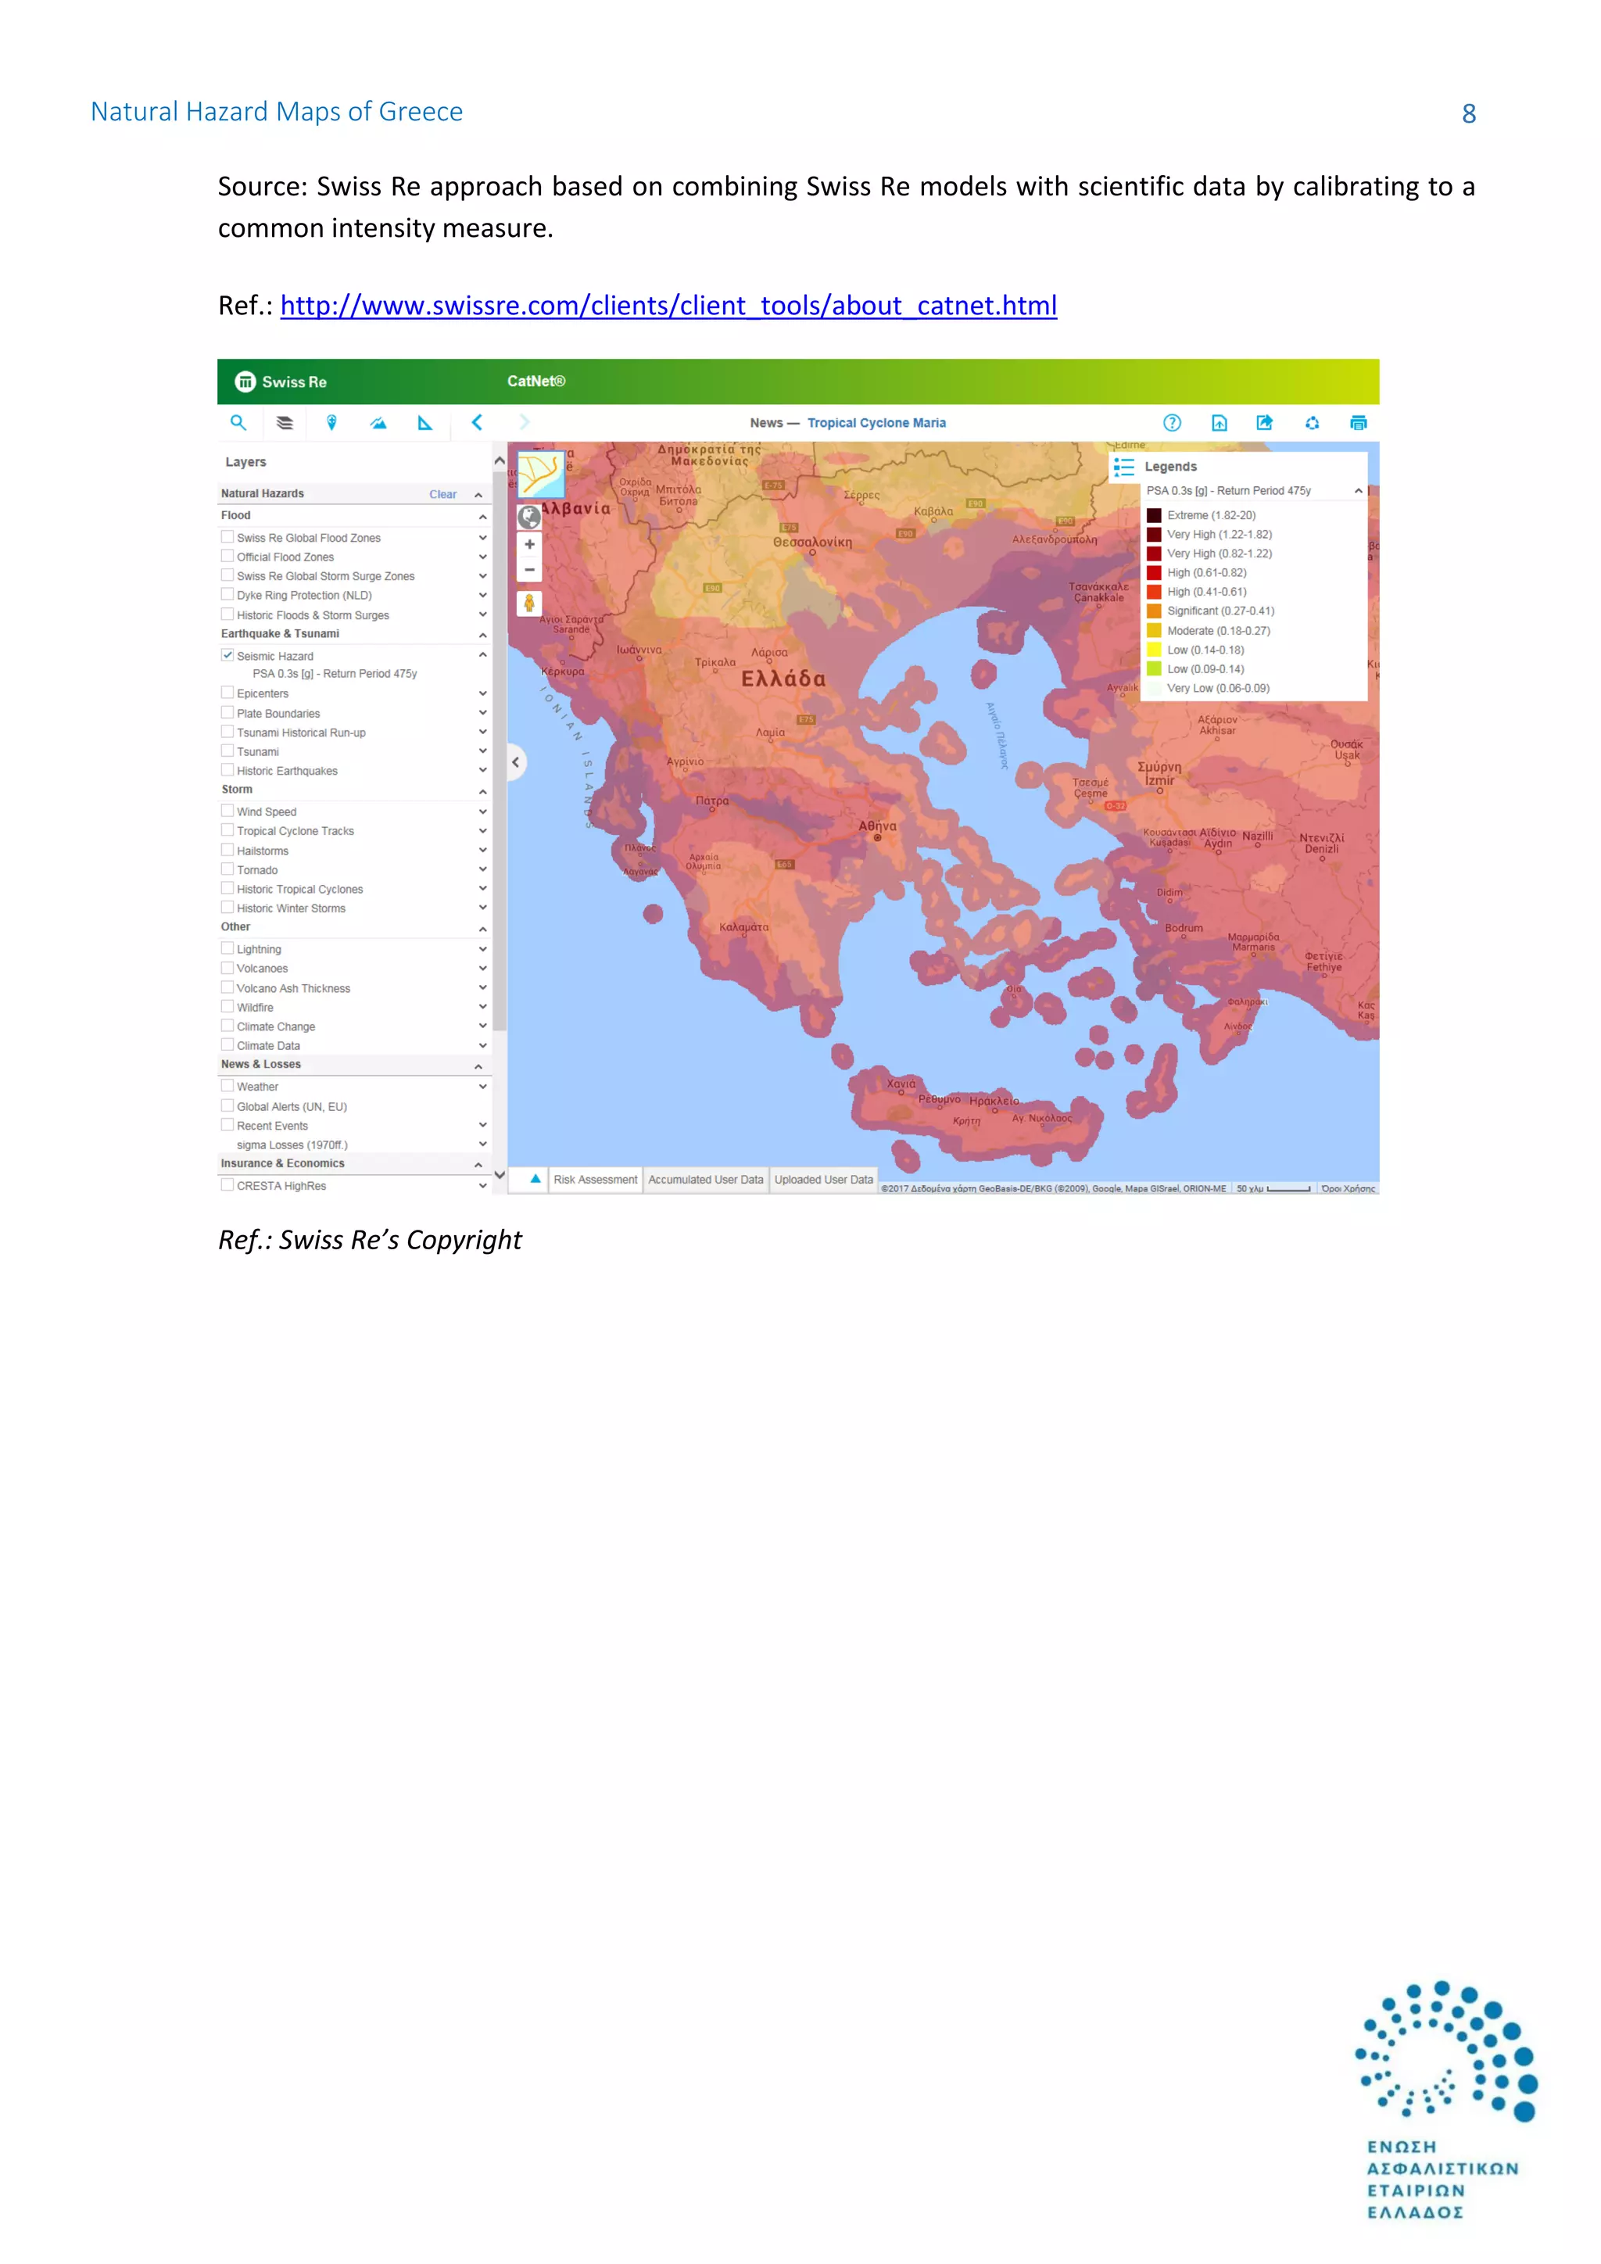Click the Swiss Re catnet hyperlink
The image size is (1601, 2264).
[668, 306]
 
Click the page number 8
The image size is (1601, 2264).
[1468, 114]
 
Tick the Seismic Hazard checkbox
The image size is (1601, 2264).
[227, 655]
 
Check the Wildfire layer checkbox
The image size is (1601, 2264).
[227, 1007]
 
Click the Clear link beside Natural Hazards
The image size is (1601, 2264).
[442, 494]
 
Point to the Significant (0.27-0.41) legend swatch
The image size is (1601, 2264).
[1153, 611]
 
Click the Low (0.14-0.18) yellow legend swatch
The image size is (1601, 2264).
[1153, 650]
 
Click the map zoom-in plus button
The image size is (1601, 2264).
[529, 544]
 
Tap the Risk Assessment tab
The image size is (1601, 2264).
[594, 1180]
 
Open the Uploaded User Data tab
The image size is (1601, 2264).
[823, 1180]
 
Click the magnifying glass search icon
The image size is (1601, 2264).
[238, 423]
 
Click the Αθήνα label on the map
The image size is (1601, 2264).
[876, 826]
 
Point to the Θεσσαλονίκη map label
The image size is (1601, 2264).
[812, 543]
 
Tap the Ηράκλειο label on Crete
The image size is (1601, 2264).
[994, 1101]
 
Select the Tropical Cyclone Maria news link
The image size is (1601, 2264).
[876, 423]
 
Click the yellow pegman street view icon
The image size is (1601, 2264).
[529, 604]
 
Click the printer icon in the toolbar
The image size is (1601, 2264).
[1358, 423]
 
